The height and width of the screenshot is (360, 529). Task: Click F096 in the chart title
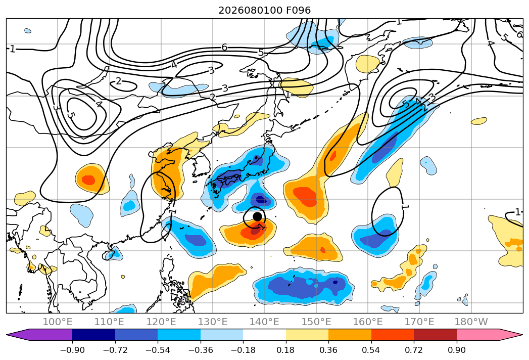pyautogui.click(x=298, y=10)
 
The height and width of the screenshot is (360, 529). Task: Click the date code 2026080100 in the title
pyautogui.click(x=250, y=10)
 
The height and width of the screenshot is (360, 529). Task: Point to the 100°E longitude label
pyautogui.click(x=58, y=322)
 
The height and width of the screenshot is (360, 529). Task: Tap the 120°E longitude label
pyautogui.click(x=161, y=322)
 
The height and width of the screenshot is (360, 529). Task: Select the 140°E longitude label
pyautogui.click(x=264, y=322)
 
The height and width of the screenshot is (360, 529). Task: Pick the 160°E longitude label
pyautogui.click(x=368, y=322)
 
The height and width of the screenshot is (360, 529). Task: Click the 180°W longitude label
pyautogui.click(x=471, y=322)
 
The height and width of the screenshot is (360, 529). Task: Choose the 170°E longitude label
pyautogui.click(x=419, y=322)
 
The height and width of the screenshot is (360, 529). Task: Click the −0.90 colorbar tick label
pyautogui.click(x=72, y=350)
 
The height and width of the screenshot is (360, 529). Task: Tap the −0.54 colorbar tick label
pyautogui.click(x=158, y=350)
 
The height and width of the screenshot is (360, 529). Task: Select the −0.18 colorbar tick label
pyautogui.click(x=243, y=350)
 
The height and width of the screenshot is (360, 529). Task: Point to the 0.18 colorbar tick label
pyautogui.click(x=286, y=350)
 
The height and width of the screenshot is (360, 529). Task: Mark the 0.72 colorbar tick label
pyautogui.click(x=414, y=350)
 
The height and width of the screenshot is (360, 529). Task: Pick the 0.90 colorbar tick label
pyautogui.click(x=456, y=350)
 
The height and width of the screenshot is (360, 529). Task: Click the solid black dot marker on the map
pyautogui.click(x=257, y=216)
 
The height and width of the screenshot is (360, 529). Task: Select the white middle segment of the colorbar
pyautogui.click(x=265, y=335)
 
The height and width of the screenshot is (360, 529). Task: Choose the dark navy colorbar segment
pyautogui.click(x=93, y=335)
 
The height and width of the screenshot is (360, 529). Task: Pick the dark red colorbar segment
pyautogui.click(x=435, y=335)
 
